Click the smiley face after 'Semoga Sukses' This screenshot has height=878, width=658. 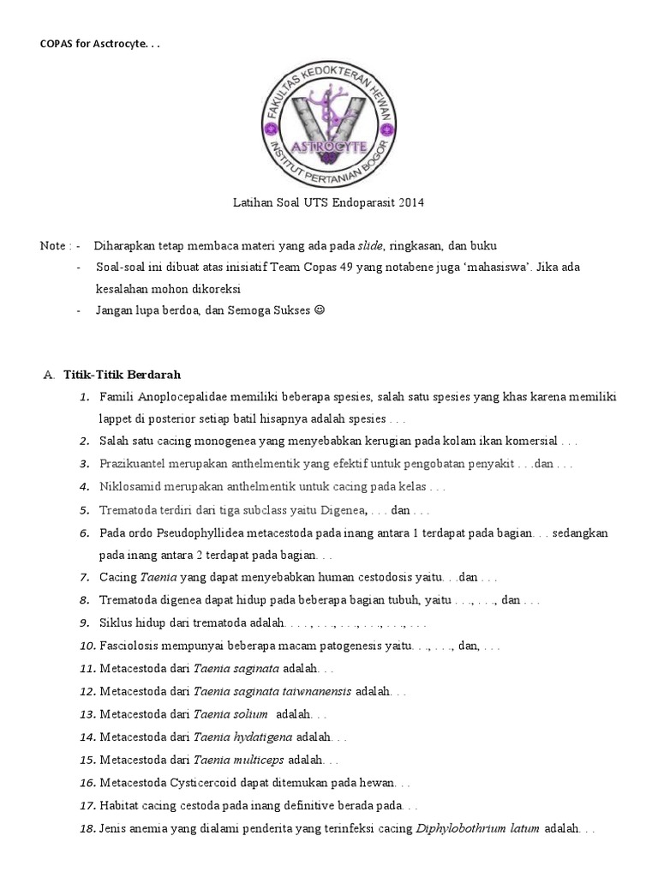320,310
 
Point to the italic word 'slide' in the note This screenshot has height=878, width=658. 370,245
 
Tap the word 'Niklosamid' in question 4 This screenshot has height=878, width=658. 128,486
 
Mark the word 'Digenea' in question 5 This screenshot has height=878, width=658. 342,510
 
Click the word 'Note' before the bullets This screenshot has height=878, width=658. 54,246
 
